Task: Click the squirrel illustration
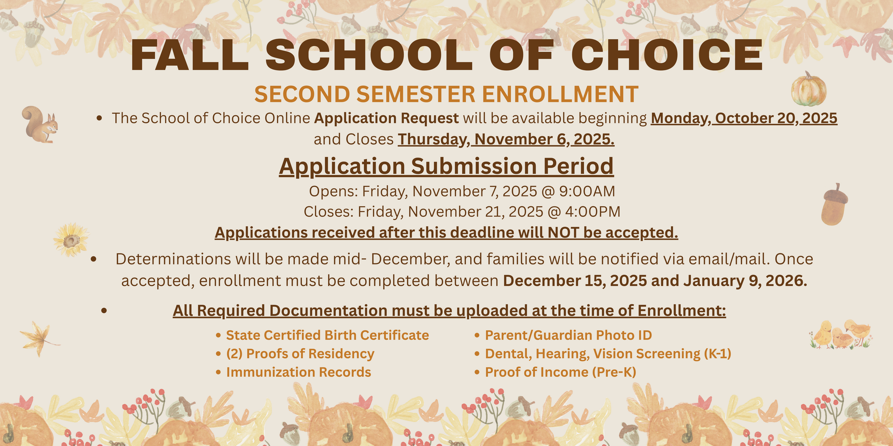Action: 40,125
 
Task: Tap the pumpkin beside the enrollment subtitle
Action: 808,89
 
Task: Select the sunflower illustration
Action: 71,239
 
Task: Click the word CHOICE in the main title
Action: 667,56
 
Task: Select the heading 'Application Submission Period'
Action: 446,166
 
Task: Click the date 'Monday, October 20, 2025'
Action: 744,118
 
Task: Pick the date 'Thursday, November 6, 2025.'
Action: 506,139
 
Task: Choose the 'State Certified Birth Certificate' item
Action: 327,335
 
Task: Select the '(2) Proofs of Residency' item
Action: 300,354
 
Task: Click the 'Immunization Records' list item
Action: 298,372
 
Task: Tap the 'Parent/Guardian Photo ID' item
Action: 568,335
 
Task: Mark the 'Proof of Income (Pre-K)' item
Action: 560,372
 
